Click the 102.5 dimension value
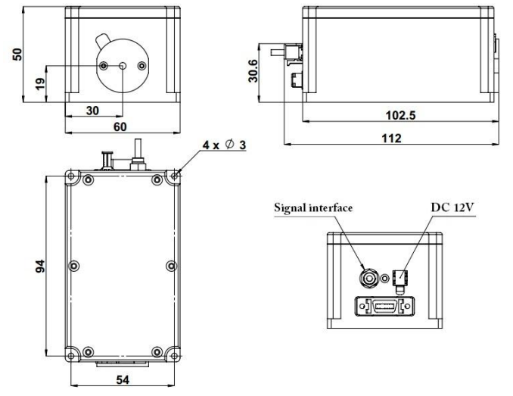pos(400,115)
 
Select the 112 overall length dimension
pos(391,138)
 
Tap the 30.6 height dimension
pos(253,70)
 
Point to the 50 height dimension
pos(17,55)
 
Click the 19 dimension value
pos(40,84)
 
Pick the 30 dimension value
pos(92,111)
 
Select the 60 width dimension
pos(120,126)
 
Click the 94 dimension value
pos(40,266)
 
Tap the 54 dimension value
pos(123,379)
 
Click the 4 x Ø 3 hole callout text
pos(224,145)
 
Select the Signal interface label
pos(313,207)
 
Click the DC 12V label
pos(452,207)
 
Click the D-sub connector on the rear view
pos(384,307)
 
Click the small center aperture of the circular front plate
pos(123,66)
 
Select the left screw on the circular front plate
pos(104,66)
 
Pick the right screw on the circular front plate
pos(141,66)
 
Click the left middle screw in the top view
pos(74,266)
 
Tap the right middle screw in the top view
pos(171,266)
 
